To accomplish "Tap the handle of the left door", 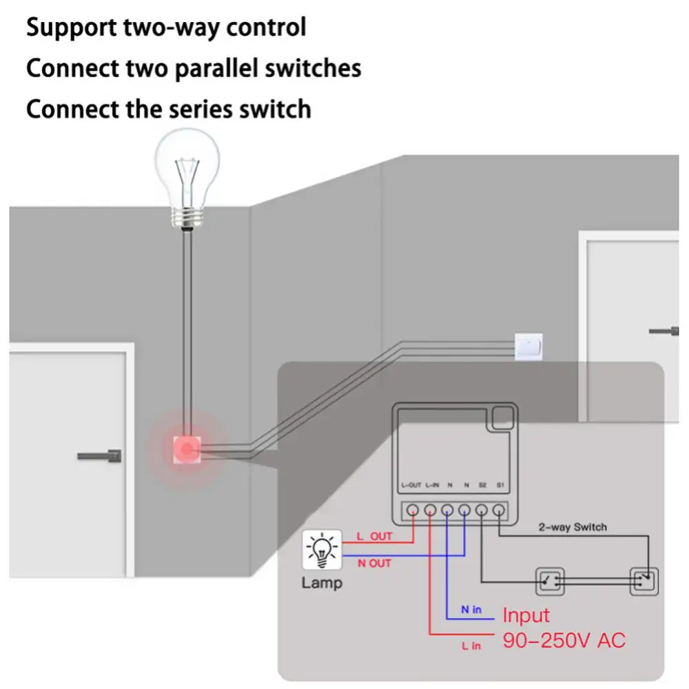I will [x=100, y=455].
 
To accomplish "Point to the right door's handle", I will [x=664, y=331].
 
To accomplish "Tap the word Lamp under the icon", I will [x=321, y=584].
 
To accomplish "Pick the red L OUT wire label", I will [x=373, y=536].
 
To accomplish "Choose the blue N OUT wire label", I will [x=374, y=563].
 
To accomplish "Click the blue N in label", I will [x=471, y=610].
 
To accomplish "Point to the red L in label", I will [x=471, y=646].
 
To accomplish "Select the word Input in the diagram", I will [x=526, y=615].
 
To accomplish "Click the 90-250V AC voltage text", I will [x=564, y=640].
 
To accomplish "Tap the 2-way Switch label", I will [x=573, y=527].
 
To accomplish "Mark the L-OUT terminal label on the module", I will [x=411, y=485].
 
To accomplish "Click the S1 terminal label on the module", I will [x=500, y=485].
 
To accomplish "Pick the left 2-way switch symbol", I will [x=550, y=581].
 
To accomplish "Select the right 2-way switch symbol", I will [x=644, y=581].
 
